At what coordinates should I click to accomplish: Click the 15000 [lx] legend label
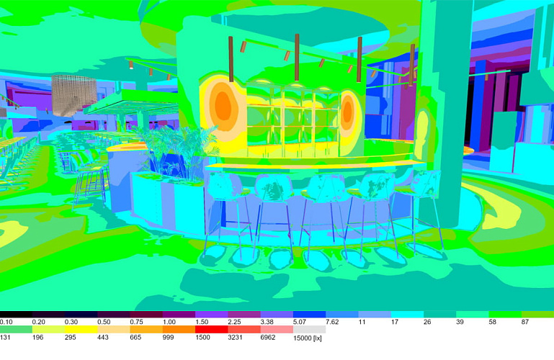click(308, 338)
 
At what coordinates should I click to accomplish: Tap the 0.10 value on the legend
click(6, 322)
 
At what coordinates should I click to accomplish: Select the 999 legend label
click(168, 338)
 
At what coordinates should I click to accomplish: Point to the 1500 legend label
click(202, 338)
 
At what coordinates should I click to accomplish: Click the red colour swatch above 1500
click(211, 329)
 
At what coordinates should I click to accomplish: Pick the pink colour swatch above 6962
click(277, 329)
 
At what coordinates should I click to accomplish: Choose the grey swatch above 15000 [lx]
click(309, 329)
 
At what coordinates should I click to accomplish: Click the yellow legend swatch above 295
click(81, 329)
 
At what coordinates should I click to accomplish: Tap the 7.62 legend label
click(332, 322)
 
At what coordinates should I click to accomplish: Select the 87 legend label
click(525, 322)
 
